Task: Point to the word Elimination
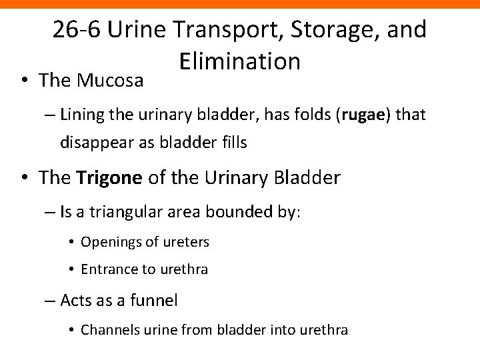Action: [x=240, y=61]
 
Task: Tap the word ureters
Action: [x=187, y=242]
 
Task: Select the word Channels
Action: [x=107, y=330]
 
